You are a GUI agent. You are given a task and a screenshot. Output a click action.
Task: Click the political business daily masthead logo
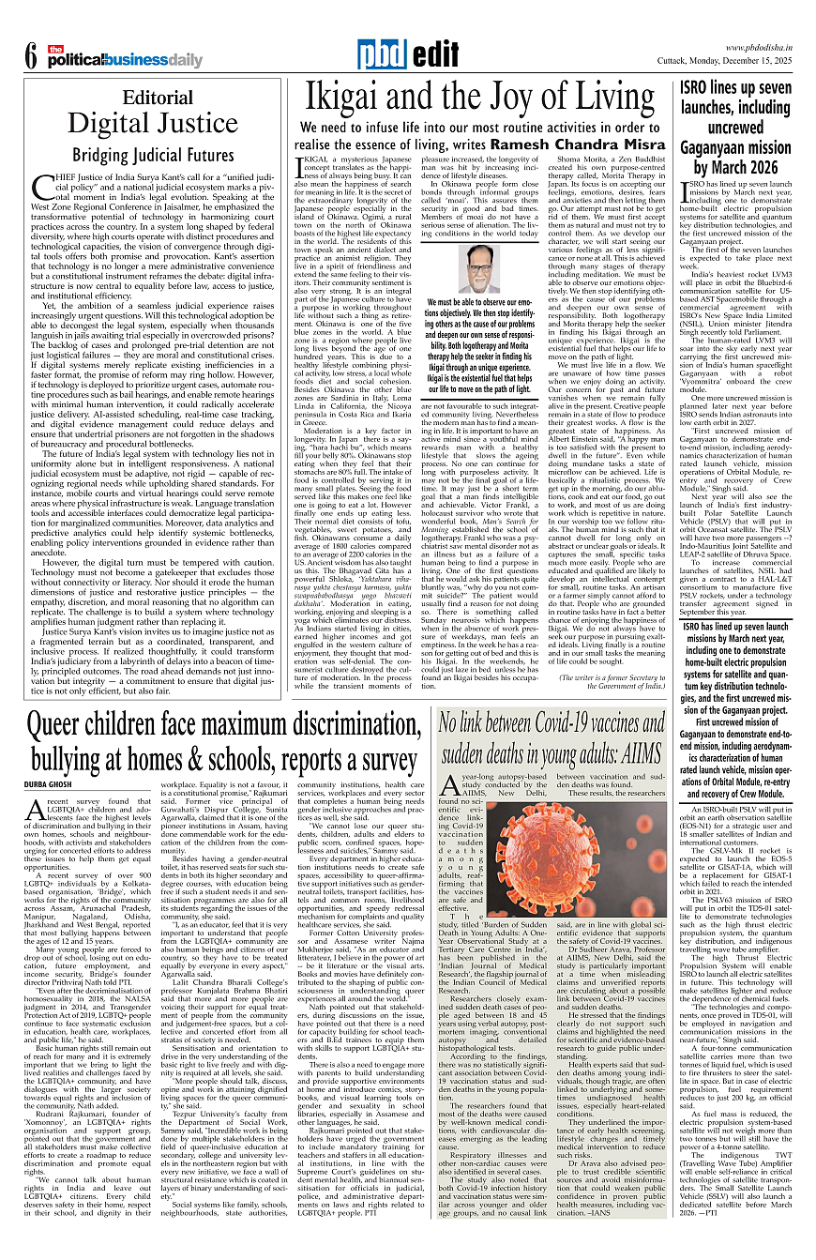point(126,57)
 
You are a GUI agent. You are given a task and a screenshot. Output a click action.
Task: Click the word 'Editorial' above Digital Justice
point(150,97)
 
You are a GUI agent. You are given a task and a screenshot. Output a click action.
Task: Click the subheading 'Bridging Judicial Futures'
point(153,154)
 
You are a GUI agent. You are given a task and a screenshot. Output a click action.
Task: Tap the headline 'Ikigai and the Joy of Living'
point(476,99)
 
